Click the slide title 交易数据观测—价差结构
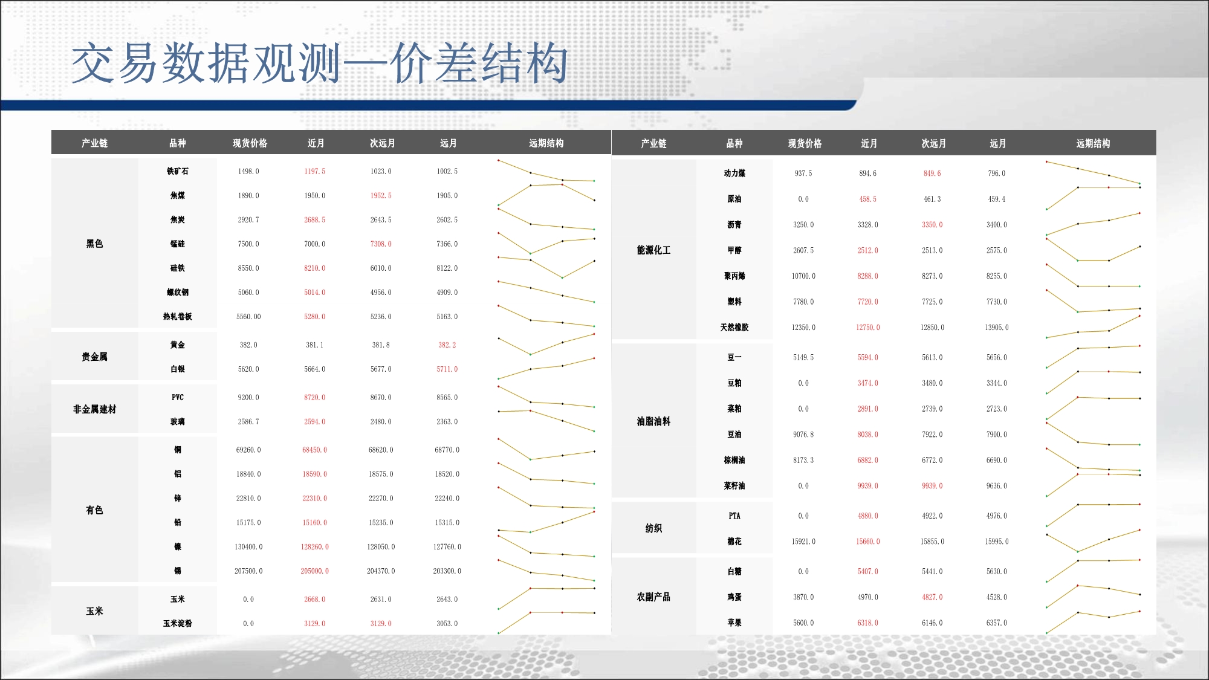click(320, 63)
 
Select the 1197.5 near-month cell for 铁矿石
click(314, 172)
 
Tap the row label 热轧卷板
click(177, 317)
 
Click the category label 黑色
click(94, 244)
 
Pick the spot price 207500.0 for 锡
click(248, 571)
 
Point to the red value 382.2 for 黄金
click(447, 345)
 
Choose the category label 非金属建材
click(94, 409)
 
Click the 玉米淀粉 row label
click(177, 624)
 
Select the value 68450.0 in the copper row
click(314, 450)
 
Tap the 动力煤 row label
click(734, 173)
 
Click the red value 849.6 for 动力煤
click(932, 173)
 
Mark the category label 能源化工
click(653, 250)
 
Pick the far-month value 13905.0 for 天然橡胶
click(997, 328)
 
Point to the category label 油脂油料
click(653, 421)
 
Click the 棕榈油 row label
click(734, 461)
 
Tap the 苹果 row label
click(734, 623)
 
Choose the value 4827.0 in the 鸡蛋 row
click(932, 597)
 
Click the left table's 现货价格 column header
click(250, 143)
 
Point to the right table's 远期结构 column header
click(1093, 144)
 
